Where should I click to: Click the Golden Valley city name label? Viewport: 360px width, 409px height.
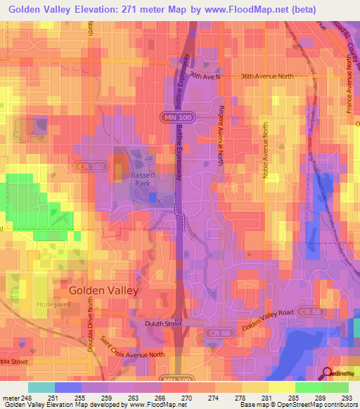[x=103, y=290]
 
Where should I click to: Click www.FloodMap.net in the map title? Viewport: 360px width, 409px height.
[x=240, y=9]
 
